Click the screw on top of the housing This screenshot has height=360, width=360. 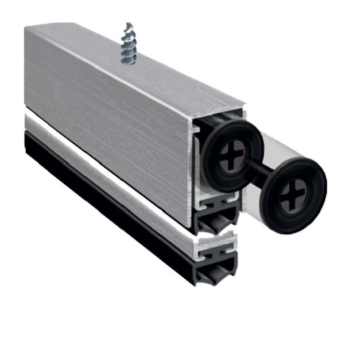[x=129, y=44]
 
